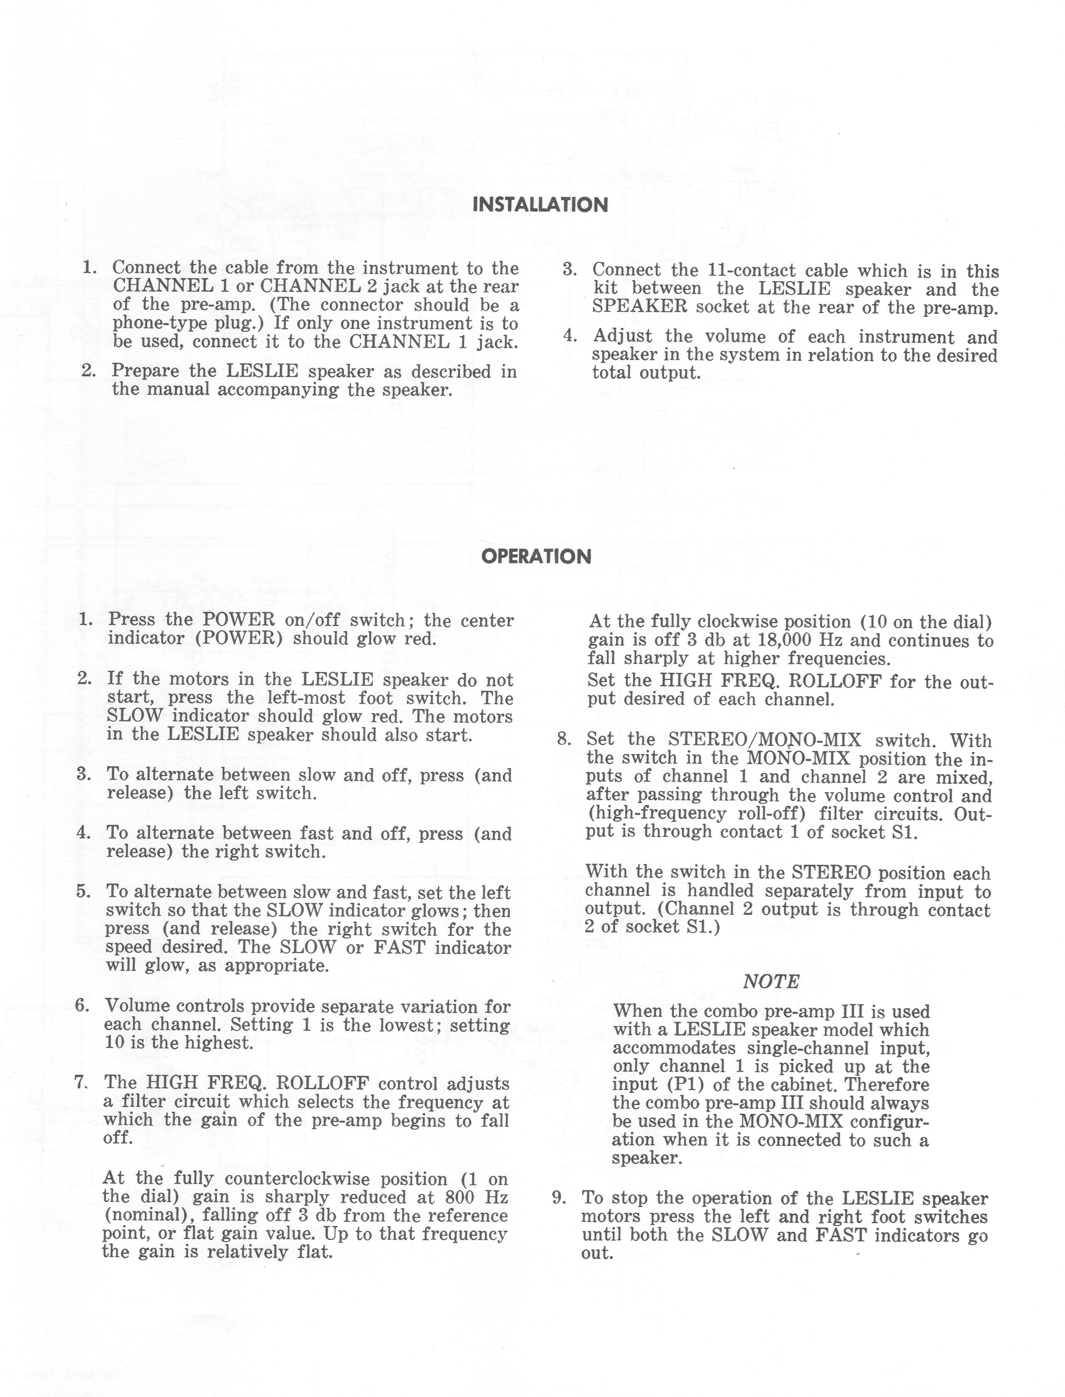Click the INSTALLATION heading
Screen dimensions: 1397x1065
pos(540,205)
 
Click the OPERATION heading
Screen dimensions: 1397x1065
pos(536,557)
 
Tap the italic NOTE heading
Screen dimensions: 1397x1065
pos(771,982)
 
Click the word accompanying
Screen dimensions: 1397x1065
pos(279,389)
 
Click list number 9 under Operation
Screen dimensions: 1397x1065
pos(558,1197)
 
